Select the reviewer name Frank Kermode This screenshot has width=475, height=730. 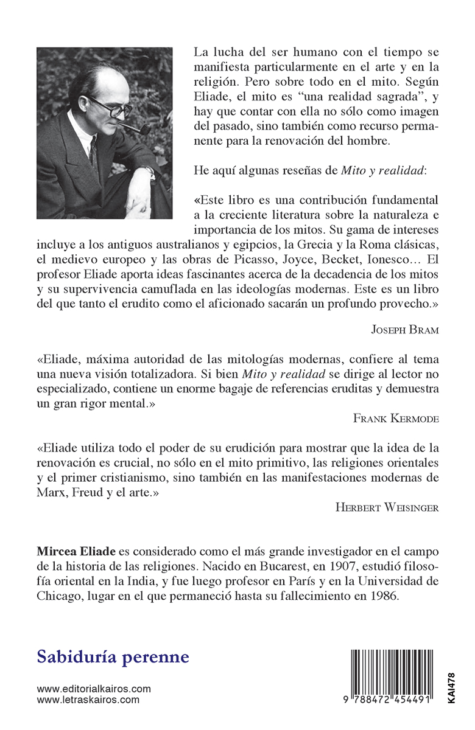396,418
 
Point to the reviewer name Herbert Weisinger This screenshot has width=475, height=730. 387,507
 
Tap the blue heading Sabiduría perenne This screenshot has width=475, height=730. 113,657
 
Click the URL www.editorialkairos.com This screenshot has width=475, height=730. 93,689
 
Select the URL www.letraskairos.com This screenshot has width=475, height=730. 88,700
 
